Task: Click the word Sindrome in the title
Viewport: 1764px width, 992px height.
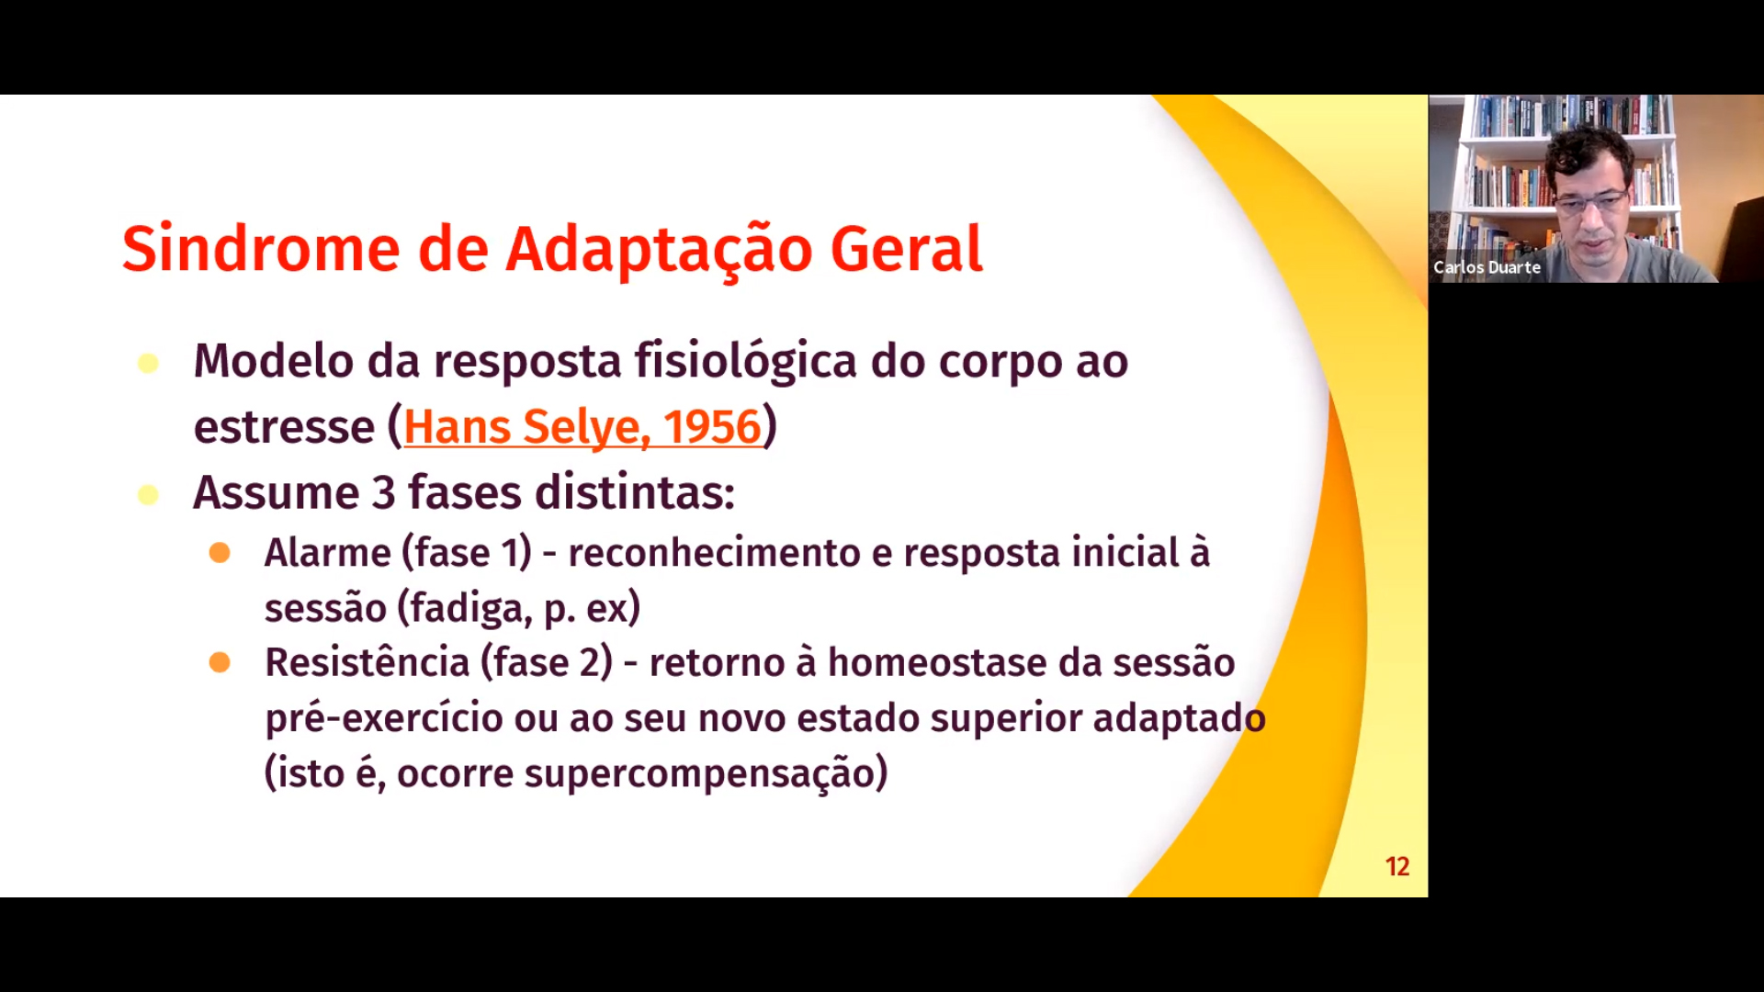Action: [261, 249]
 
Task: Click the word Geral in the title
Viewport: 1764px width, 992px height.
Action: [906, 249]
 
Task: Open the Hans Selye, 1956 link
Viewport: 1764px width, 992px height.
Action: [582, 427]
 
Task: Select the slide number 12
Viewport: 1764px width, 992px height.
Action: [1397, 866]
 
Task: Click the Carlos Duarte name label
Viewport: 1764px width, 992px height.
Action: [1487, 267]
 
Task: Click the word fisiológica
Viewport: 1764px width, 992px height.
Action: [746, 362]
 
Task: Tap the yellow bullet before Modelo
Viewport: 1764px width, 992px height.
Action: [148, 364]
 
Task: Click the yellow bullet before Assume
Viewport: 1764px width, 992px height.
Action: [148, 496]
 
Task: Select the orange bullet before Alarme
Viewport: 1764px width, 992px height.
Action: [220, 552]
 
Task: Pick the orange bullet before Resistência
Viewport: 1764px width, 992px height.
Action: [220, 662]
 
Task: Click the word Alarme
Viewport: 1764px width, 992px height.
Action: [328, 553]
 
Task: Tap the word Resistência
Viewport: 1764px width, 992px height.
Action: [367, 662]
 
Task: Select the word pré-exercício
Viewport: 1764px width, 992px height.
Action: [384, 718]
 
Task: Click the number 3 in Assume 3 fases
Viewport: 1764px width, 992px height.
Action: [383, 493]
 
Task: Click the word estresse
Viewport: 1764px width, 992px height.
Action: [284, 428]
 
